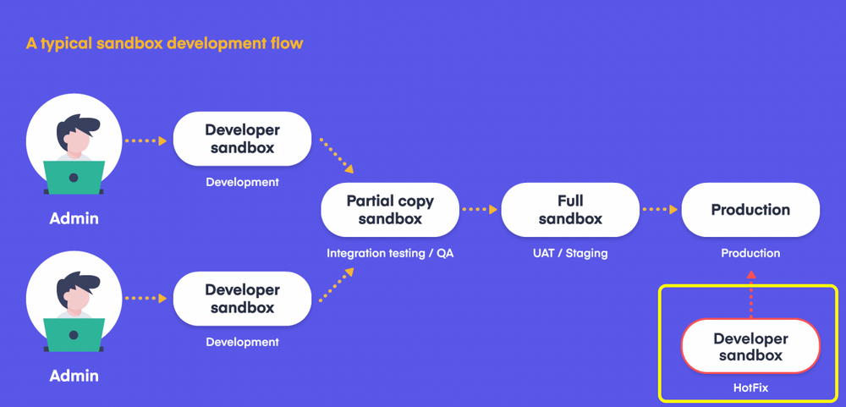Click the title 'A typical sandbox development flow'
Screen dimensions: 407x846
coord(164,43)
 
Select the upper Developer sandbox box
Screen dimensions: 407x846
coord(242,139)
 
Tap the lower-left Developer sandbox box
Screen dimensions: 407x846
coord(242,299)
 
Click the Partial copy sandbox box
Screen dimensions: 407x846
coord(390,210)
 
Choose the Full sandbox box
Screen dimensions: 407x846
coord(569,210)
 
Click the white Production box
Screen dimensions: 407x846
coord(750,210)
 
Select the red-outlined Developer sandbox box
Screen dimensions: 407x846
coord(750,347)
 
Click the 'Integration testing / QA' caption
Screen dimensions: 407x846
coord(390,253)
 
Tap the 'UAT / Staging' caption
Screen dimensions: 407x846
coord(569,253)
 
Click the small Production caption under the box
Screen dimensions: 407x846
coord(750,253)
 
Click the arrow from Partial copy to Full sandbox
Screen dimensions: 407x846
coord(480,209)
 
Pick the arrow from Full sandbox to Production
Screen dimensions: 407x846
coord(660,209)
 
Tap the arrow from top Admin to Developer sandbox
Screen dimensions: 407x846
coord(145,140)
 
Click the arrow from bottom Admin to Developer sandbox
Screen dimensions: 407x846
coord(145,298)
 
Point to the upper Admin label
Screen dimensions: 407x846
coord(74,218)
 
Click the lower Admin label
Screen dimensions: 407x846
coord(74,376)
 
